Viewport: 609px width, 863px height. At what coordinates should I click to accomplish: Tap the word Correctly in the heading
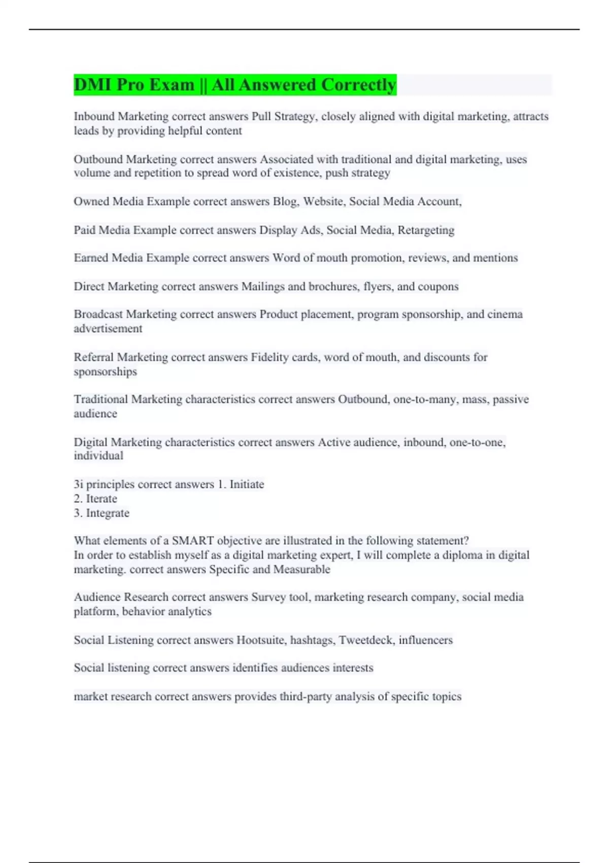click(358, 85)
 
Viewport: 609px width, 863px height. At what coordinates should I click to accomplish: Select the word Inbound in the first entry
click(94, 116)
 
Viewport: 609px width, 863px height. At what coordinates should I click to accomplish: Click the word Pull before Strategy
click(261, 116)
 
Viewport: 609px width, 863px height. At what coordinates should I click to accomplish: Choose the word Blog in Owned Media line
click(285, 202)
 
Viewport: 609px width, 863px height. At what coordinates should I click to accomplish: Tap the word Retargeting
click(426, 230)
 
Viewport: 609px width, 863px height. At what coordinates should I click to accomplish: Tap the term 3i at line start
click(78, 484)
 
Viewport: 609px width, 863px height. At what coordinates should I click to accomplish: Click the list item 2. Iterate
click(95, 499)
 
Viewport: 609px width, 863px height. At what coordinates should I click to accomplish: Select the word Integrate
click(108, 513)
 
